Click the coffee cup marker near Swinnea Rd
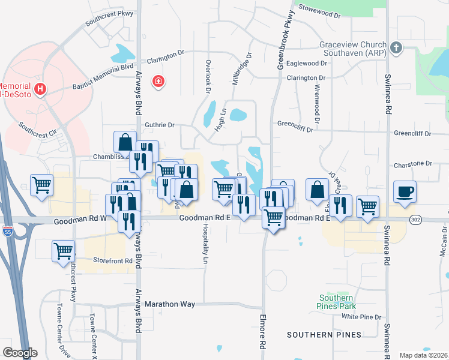(405, 192)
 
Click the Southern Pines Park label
(336, 302)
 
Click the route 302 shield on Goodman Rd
(415, 220)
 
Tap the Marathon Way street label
(170, 304)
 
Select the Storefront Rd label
(112, 260)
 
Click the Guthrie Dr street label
(159, 125)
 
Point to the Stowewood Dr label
(324, 10)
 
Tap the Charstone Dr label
(412, 164)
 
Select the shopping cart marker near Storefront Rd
(63, 251)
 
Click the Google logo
(19, 353)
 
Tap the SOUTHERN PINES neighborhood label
(324, 334)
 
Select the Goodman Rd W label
(80, 221)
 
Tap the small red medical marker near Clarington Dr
(158, 80)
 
